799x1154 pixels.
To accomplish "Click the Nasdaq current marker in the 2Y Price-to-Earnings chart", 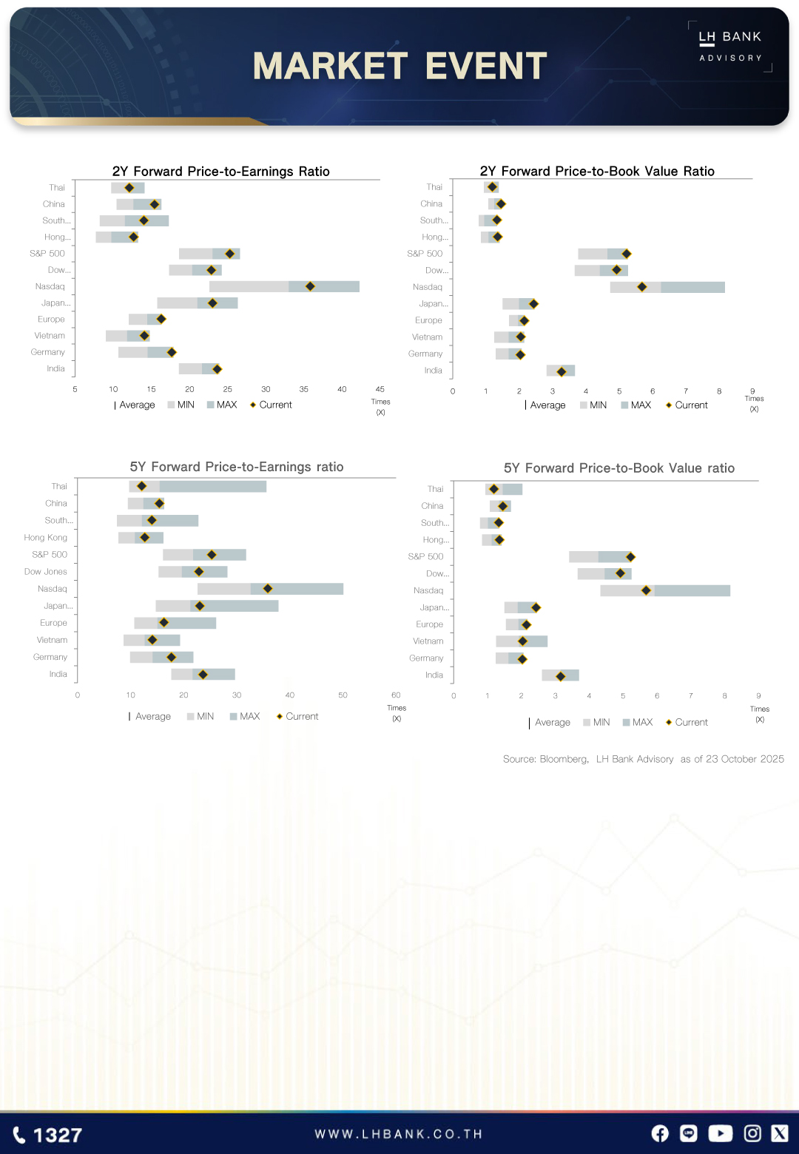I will point(310,286).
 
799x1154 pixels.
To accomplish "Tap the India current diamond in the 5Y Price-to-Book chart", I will point(561,676).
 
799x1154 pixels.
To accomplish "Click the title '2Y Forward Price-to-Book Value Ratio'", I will point(597,172).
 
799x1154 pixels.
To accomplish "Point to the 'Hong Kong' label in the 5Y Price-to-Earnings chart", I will point(46,538).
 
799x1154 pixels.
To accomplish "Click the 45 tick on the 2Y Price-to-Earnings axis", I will point(380,389).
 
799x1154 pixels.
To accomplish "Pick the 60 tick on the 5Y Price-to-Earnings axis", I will point(396,695).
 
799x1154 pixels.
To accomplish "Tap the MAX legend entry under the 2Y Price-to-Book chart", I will point(636,405).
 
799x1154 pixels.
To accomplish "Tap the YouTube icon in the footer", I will point(721,1133).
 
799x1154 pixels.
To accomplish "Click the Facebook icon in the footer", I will point(660,1133).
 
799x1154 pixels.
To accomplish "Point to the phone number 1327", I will point(49,1136).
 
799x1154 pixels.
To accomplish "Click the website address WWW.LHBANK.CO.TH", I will point(399,1134).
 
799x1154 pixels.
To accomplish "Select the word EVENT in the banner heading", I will point(486,67).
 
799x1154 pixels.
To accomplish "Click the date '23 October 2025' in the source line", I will point(744,759).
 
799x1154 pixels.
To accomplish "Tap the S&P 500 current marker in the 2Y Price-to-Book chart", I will point(626,254).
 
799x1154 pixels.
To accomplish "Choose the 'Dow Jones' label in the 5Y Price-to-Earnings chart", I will point(46,572).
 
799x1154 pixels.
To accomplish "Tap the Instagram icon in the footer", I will point(752,1133).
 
